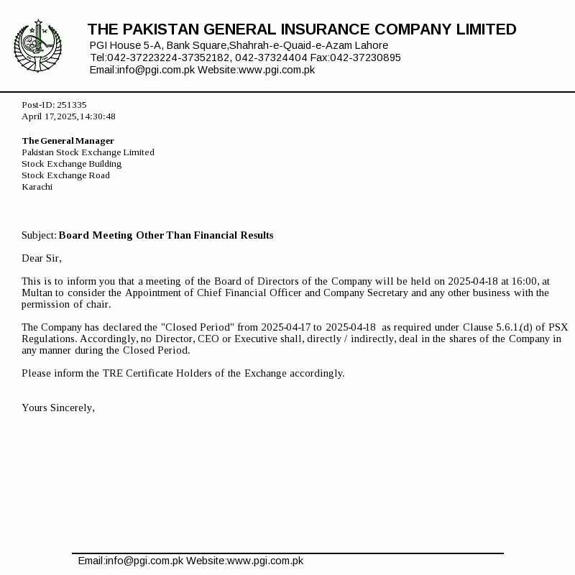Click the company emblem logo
pyautogui.click(x=37, y=46)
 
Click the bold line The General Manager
pyautogui.click(x=68, y=141)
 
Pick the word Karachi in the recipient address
pyautogui.click(x=37, y=187)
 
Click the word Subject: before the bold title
pyautogui.click(x=39, y=236)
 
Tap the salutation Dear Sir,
pyautogui.click(x=42, y=259)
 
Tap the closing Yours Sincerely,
pyautogui.click(x=58, y=408)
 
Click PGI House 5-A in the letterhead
pyautogui.click(x=125, y=45)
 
